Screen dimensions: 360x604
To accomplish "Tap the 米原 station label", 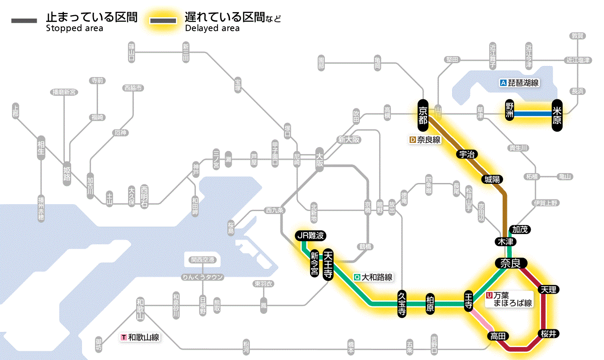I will [x=557, y=114].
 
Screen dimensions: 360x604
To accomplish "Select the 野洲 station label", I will [x=510, y=111].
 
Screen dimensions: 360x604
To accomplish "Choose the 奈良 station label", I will [x=510, y=263].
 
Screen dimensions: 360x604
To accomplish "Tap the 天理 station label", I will [x=548, y=290].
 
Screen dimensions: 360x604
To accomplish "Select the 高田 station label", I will [x=499, y=336].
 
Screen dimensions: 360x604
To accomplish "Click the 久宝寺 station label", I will [x=402, y=304].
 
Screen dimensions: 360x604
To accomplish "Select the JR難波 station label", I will [x=310, y=236].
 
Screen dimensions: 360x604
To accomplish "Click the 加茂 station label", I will [x=519, y=229].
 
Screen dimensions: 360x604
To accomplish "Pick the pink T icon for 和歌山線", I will [x=124, y=338].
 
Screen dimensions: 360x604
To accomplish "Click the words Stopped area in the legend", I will [x=75, y=28].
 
